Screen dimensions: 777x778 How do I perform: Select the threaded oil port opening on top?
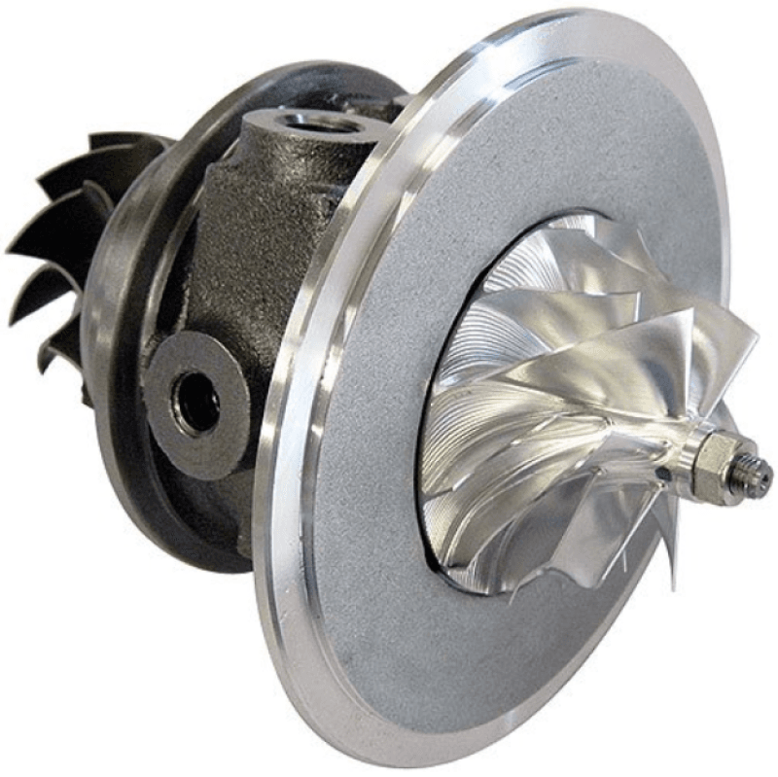pos(309,124)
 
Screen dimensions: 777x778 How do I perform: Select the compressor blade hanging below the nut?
pos(661,545)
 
